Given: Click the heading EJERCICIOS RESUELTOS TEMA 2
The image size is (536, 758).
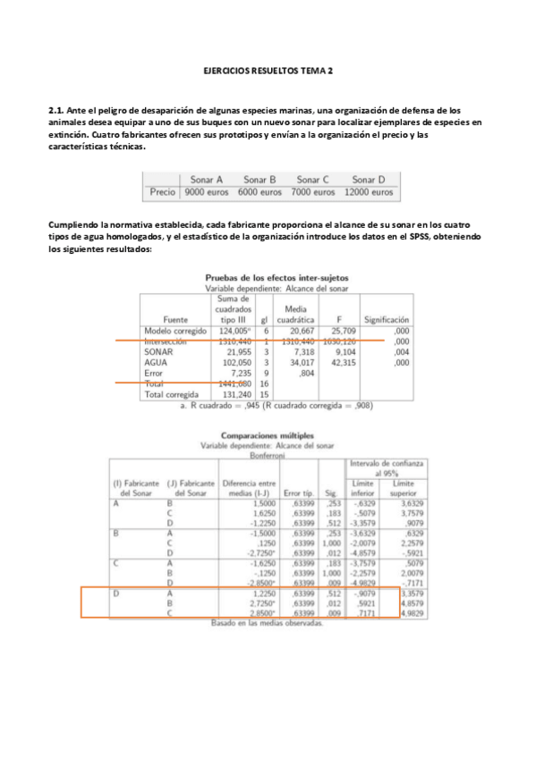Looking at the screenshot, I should point(268,69).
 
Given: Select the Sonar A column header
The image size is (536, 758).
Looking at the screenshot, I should point(206,179).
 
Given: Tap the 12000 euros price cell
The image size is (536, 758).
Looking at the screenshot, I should point(368,192).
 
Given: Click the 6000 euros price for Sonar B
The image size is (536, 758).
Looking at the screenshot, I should point(259,192).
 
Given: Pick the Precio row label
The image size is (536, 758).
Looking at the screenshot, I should point(162,192).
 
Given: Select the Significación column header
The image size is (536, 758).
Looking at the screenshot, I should point(386,319).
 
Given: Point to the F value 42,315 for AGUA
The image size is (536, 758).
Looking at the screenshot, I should point(343,363).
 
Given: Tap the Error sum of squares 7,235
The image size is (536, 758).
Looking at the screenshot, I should point(234,374).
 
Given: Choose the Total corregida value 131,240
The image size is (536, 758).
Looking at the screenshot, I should point(232,394).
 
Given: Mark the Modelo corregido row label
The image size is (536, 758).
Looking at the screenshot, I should point(175,331).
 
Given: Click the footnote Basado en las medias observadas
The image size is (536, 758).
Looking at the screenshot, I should point(267,622).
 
